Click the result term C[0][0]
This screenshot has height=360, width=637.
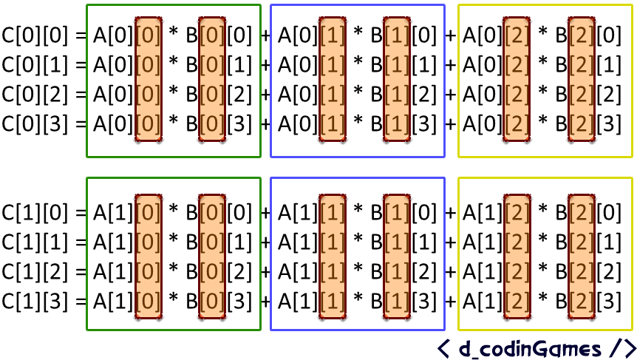coord(33,34)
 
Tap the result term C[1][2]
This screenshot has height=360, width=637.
coord(33,273)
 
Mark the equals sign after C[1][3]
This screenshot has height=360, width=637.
coord(80,302)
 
